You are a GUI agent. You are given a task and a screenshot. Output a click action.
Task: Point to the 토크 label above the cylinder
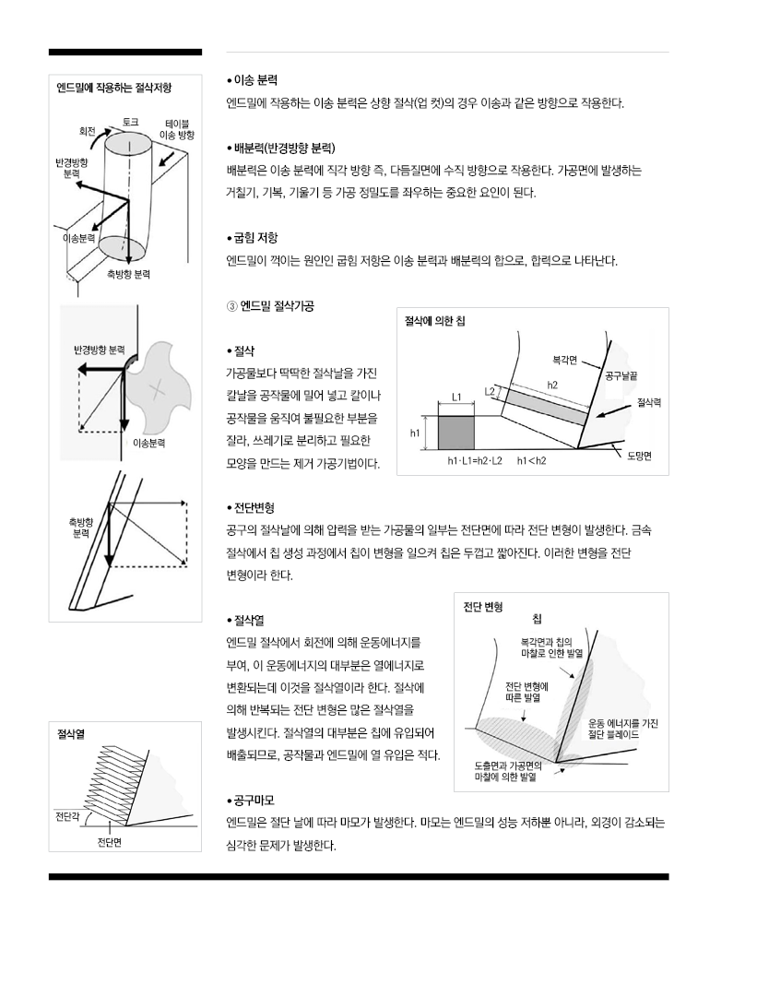click(130, 121)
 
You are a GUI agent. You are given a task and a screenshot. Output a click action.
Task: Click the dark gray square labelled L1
click(455, 432)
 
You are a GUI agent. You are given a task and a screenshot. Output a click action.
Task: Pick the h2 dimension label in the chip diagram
click(552, 385)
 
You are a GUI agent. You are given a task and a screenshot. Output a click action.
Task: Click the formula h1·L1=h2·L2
click(475, 460)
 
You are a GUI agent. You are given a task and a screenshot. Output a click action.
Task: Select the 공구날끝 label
click(625, 375)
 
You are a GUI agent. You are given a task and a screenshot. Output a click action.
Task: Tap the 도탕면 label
click(639, 457)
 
